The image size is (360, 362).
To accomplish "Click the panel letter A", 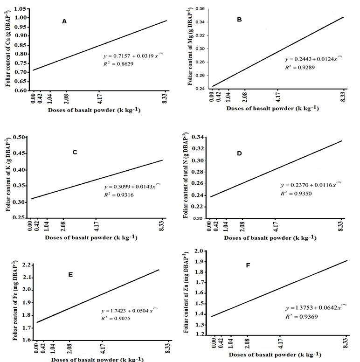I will click(x=64, y=21).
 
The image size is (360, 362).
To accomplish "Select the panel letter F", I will click(x=248, y=265).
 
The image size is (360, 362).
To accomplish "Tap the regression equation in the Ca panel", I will click(x=133, y=55).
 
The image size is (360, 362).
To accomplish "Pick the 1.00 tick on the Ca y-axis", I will click(x=21, y=18).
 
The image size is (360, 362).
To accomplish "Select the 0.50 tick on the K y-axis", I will click(x=21, y=137).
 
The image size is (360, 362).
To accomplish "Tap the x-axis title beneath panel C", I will click(x=91, y=237).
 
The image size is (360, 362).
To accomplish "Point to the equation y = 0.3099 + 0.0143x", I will click(x=133, y=187).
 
